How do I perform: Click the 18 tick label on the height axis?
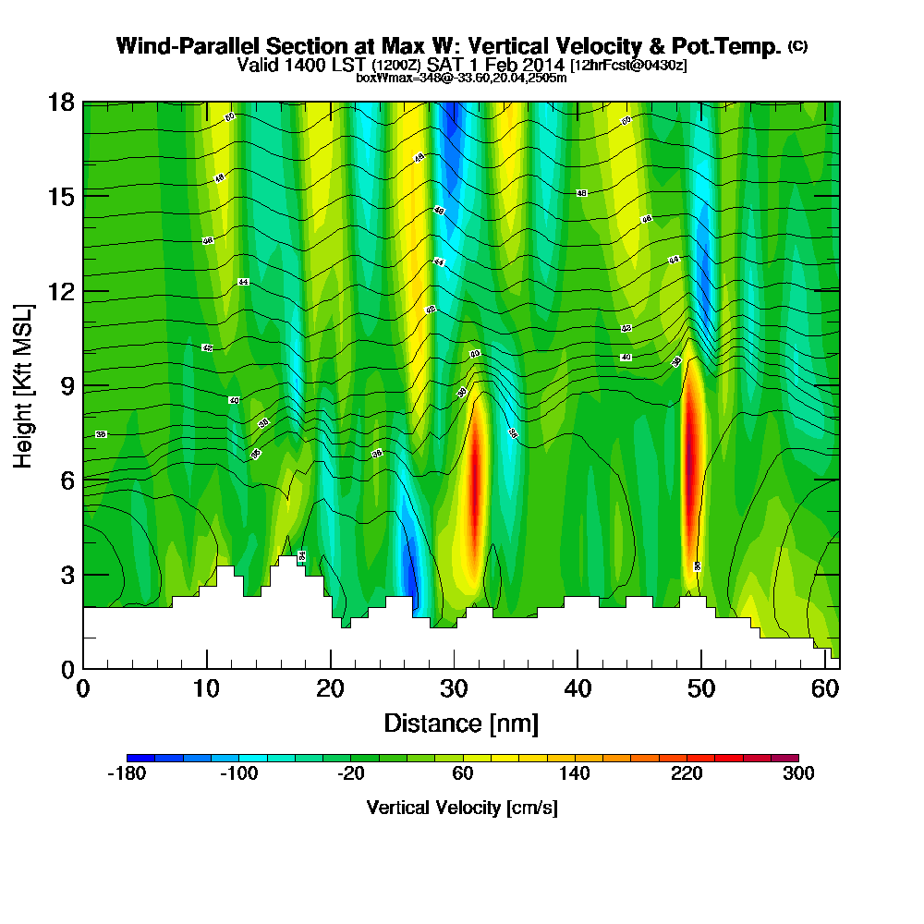[x=60, y=102]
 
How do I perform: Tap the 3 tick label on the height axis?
[x=67, y=575]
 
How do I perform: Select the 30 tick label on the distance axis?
[x=454, y=688]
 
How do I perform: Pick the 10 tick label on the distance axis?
[x=206, y=688]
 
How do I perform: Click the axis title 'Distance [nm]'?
[x=461, y=722]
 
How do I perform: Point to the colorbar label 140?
[x=575, y=774]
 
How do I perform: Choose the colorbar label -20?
[x=351, y=774]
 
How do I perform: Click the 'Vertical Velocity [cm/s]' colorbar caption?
[x=462, y=808]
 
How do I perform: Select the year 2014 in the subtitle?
[x=543, y=65]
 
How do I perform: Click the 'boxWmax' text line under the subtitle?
[x=461, y=78]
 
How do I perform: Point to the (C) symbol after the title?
[x=797, y=45]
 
